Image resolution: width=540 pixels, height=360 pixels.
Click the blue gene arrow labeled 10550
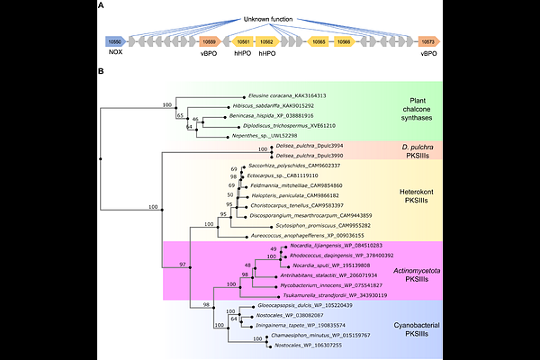tap(114, 41)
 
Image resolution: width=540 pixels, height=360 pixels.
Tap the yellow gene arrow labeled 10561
tap(242, 41)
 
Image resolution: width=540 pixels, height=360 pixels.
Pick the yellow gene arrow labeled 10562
tap(267, 41)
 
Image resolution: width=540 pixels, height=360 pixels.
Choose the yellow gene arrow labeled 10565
tap(319, 41)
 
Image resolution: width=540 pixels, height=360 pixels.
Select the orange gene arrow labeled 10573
tap(427, 41)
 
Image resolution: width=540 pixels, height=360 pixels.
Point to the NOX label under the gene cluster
tap(114, 54)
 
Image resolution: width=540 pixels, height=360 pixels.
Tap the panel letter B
tap(101, 69)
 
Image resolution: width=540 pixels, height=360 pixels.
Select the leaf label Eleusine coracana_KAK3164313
tap(286, 94)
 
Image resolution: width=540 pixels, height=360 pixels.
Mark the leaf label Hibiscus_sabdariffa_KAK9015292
tap(287, 105)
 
